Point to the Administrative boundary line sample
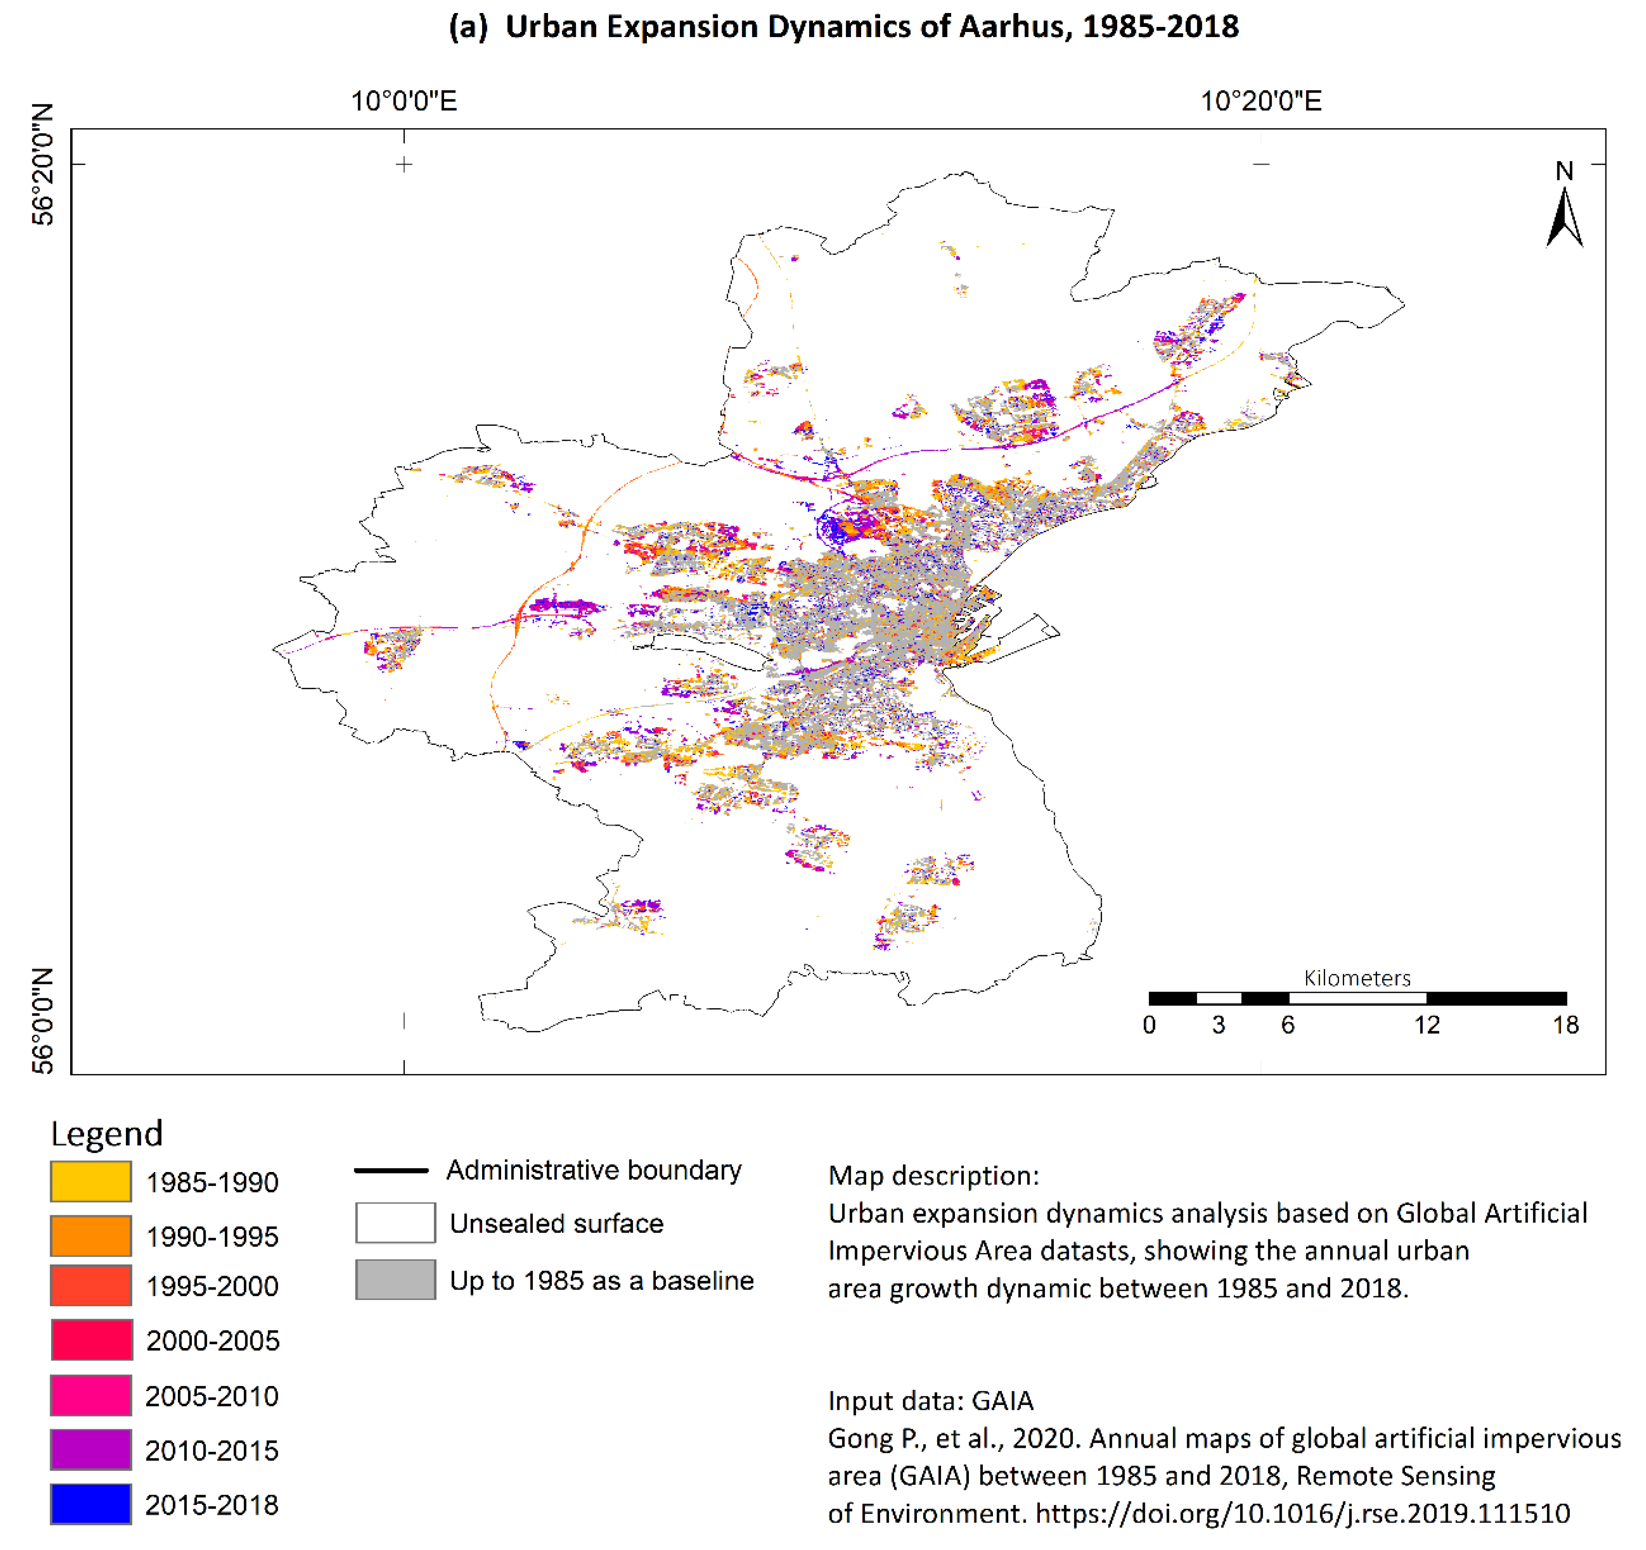point(391,1170)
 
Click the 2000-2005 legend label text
point(213,1341)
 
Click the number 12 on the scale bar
point(1427,1025)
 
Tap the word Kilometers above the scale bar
point(1357,978)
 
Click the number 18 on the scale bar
point(1565,1025)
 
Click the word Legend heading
point(107,1133)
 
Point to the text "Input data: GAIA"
point(931,1400)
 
